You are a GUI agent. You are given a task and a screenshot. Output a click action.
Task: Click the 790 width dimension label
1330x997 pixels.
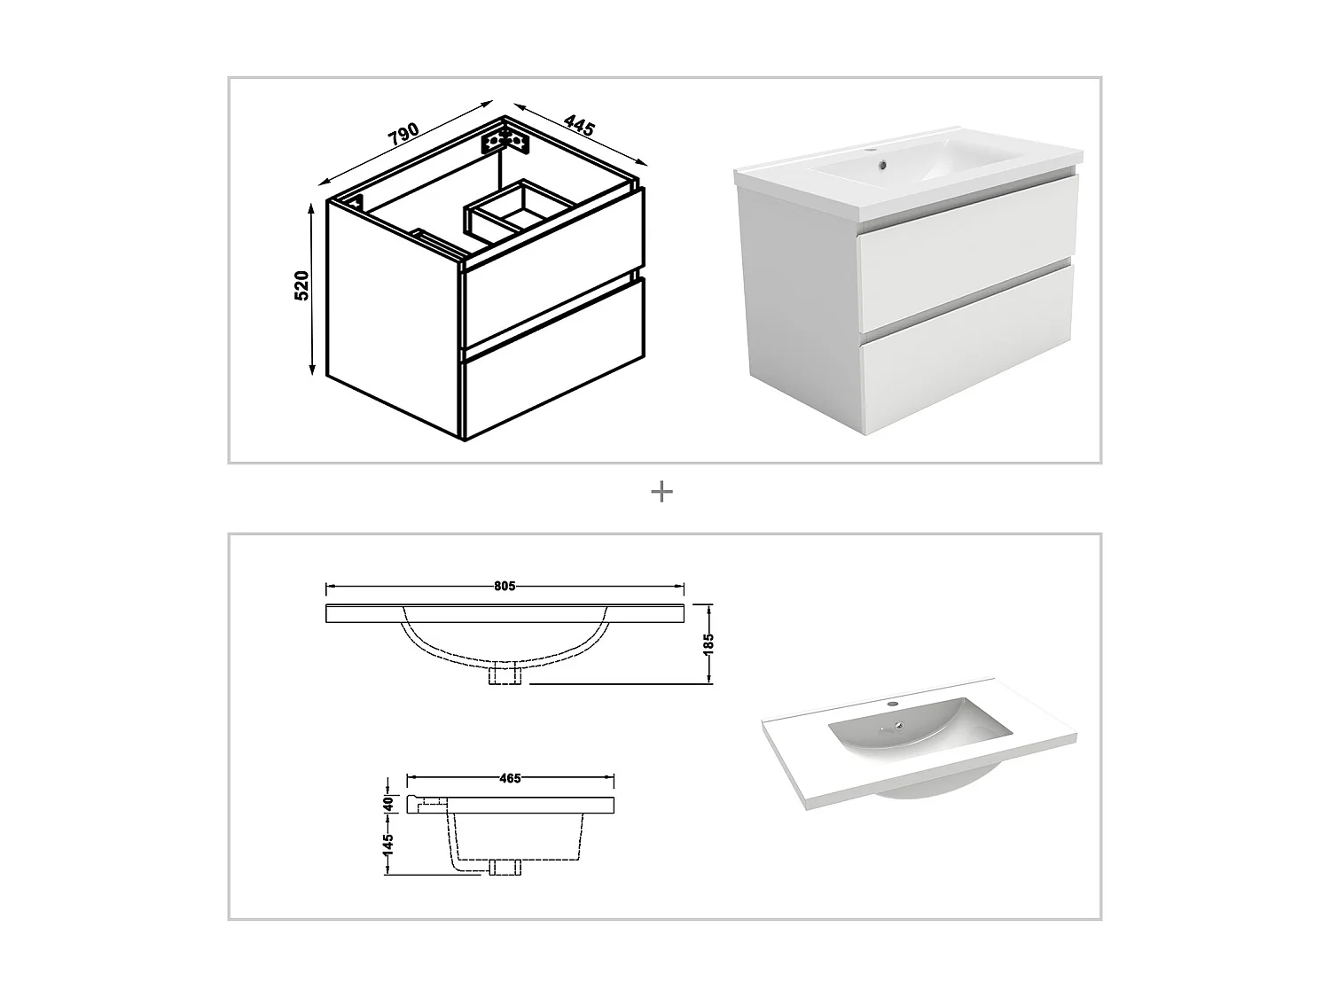point(403,134)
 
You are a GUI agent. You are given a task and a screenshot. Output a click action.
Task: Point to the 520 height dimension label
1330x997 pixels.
point(301,285)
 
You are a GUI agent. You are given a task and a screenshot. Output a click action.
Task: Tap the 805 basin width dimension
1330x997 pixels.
point(505,586)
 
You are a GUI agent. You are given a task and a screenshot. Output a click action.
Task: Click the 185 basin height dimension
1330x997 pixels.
point(708,643)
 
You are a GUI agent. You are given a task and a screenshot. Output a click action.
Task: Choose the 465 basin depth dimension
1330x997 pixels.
point(509,778)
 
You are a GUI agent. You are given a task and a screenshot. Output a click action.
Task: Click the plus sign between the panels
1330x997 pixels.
point(661,492)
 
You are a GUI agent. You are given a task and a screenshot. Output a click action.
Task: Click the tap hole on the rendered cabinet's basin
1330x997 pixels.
point(880,163)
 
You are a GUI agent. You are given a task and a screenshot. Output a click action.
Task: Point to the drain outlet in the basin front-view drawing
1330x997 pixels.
point(505,675)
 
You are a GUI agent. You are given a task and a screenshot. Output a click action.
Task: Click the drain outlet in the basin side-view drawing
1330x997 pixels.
point(503,867)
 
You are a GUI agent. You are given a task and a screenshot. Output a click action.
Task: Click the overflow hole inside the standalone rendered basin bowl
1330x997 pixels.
point(899,728)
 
